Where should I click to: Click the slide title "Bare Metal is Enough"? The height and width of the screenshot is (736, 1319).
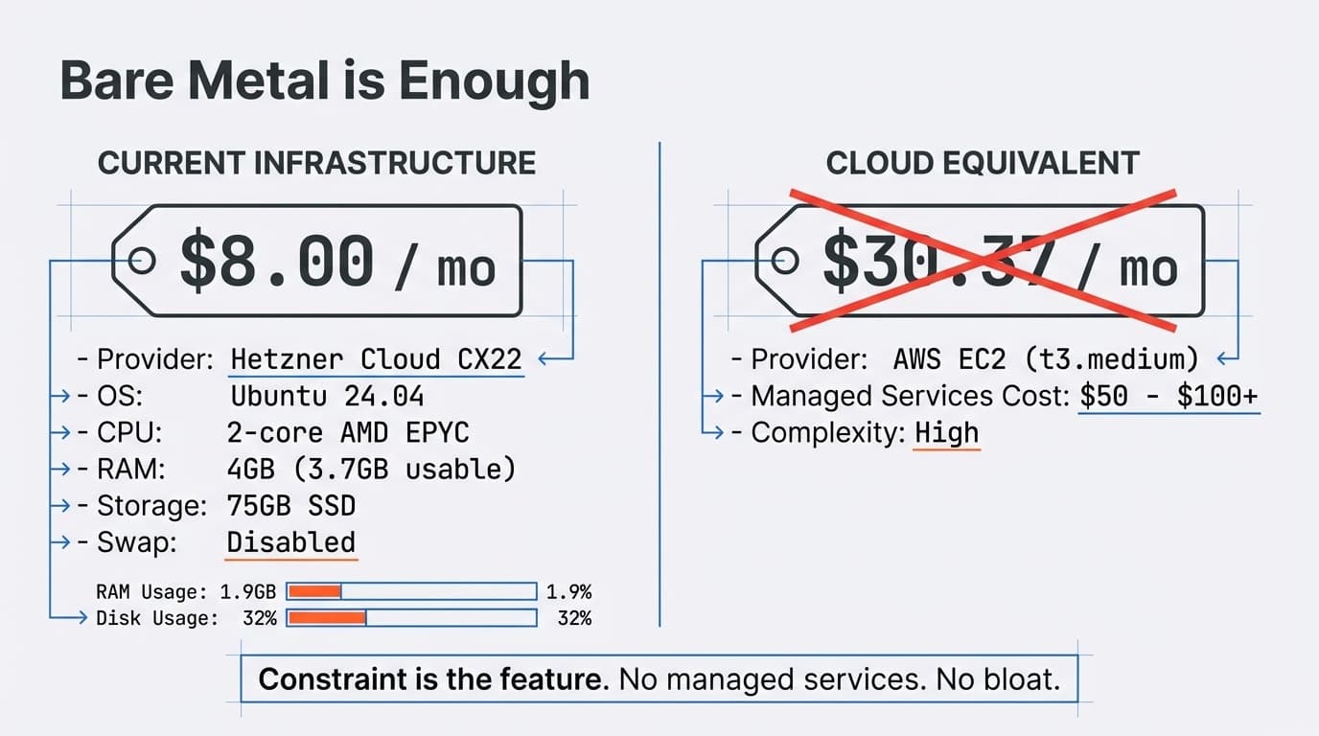pos(324,80)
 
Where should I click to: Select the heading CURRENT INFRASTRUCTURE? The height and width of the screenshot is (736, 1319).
pos(316,163)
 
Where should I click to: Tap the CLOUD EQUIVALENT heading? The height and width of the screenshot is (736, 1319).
pos(983,163)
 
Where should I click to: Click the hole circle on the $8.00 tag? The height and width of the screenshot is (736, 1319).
pos(142,260)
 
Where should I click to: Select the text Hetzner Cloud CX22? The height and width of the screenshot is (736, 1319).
pos(377,359)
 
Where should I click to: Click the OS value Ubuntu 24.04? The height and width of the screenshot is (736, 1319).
pos(327,396)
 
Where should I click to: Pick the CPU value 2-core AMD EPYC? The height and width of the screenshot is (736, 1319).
pos(348,432)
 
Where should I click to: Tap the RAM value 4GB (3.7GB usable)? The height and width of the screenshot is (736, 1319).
pos(372,469)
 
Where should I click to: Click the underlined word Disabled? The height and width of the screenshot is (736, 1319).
pos(291,541)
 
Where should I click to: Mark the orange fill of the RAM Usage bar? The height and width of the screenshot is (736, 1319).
pos(314,591)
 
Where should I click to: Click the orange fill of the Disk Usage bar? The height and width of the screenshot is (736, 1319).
pos(327,618)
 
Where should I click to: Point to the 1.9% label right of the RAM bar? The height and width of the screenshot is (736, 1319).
pos(568,591)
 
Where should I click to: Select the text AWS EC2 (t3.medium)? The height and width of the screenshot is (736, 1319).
pos(1046,359)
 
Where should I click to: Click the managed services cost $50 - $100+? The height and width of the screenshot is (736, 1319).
pos(1169,396)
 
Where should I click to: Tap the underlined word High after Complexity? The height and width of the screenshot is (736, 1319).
pos(947,432)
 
